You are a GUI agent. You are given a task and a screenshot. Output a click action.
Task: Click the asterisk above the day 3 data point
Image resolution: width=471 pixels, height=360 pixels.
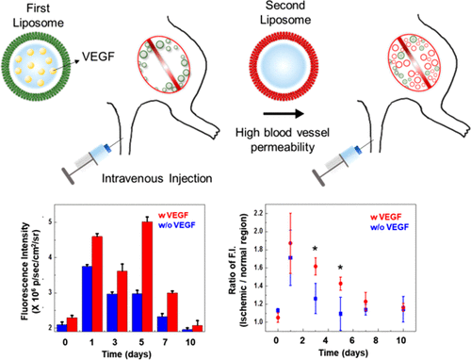[314, 249]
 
